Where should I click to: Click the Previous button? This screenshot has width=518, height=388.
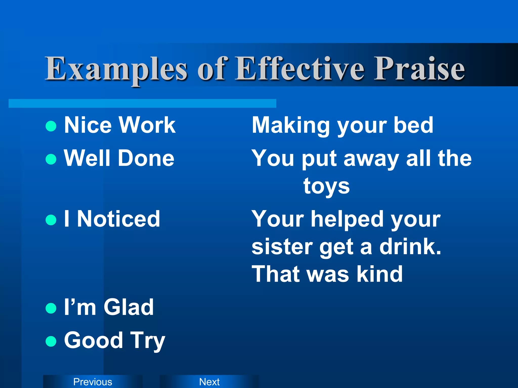(x=93, y=381)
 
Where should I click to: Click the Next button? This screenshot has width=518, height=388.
(x=209, y=381)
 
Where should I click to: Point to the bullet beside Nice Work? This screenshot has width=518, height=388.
(x=51, y=126)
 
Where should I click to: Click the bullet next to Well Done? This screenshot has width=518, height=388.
(x=51, y=159)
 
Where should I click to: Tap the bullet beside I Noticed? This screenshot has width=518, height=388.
(x=51, y=220)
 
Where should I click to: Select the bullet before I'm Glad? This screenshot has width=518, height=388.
(x=51, y=308)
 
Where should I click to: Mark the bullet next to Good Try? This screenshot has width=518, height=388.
(x=51, y=341)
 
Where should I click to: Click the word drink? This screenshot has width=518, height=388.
(x=410, y=247)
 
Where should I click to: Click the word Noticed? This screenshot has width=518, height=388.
(x=118, y=219)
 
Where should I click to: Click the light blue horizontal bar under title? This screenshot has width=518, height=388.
(x=142, y=103)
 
